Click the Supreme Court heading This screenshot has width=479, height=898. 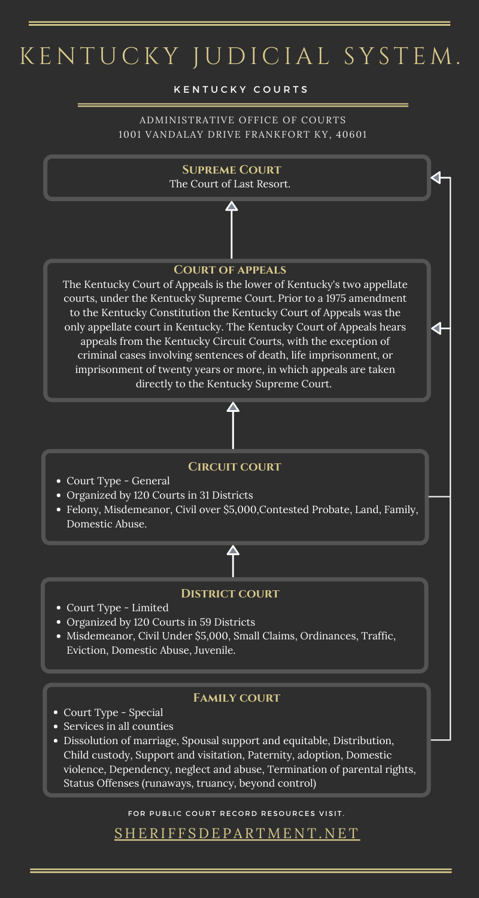coord(232,170)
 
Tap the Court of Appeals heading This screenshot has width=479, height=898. coord(229,270)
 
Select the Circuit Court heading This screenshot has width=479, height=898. coord(234,466)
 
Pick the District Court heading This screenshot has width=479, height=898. coord(230,594)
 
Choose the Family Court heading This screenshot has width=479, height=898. coord(237,697)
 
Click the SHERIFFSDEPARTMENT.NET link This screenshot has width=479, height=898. coord(237,833)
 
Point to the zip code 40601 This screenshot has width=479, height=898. coord(351,135)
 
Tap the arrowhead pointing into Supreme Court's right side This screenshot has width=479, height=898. coord(436,177)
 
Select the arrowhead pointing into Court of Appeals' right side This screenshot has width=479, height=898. coord(436,327)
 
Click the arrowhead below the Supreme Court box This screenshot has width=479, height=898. coord(231,207)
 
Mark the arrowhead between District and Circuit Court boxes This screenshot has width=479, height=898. coord(233,550)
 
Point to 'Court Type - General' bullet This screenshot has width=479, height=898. coord(118,481)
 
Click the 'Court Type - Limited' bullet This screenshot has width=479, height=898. coord(117,608)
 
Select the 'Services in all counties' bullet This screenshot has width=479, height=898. coord(119,726)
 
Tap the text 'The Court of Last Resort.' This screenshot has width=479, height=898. coord(230,184)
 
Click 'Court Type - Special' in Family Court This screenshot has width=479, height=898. coord(113,712)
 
